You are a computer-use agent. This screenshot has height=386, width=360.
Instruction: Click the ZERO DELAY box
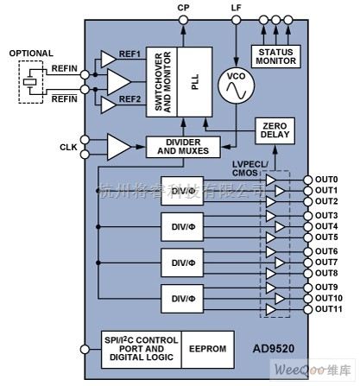275,132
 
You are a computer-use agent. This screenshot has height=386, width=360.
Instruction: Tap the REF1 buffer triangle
109,59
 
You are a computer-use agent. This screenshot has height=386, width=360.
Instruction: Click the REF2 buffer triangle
109,104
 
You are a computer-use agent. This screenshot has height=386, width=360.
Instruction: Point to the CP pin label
182,7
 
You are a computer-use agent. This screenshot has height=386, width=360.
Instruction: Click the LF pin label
237,7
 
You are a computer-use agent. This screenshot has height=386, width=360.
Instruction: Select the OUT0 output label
326,180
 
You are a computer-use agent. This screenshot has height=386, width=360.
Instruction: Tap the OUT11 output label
329,308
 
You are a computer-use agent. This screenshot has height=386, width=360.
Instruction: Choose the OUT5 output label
326,237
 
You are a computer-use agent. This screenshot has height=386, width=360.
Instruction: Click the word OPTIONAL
32,54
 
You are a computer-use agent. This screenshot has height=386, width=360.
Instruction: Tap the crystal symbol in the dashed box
30,82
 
